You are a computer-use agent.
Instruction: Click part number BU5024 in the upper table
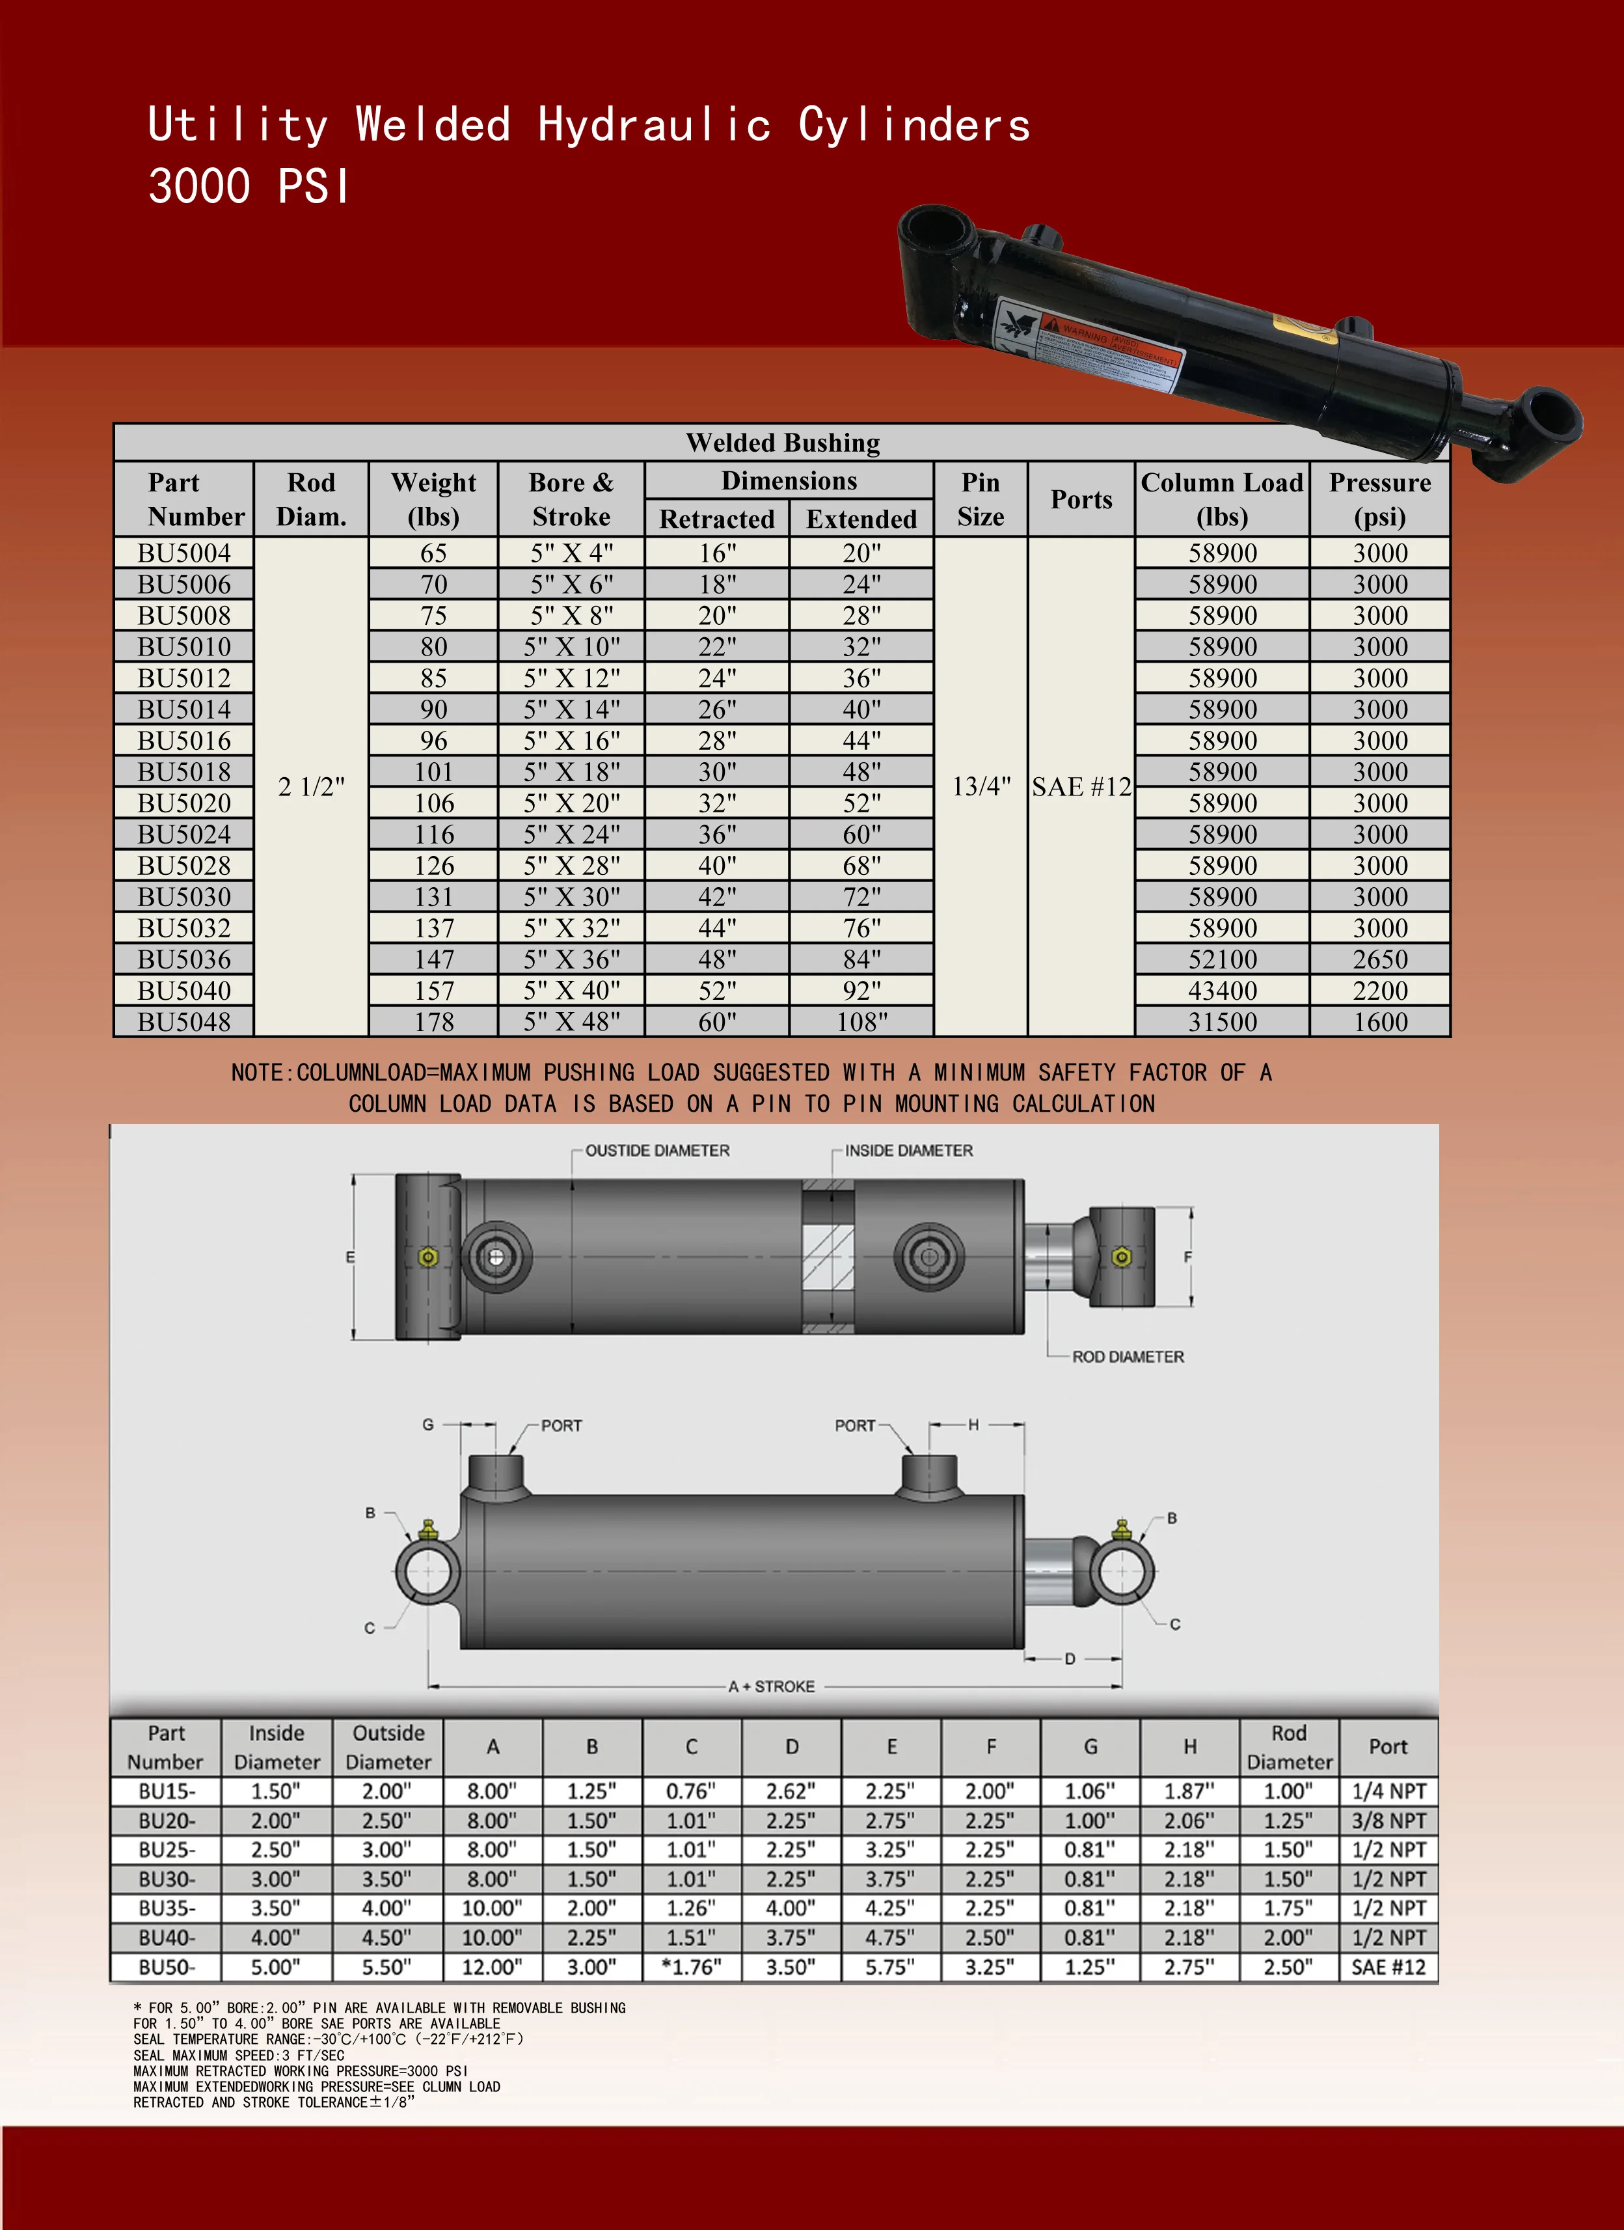coord(184,834)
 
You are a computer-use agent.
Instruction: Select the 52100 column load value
coord(1222,959)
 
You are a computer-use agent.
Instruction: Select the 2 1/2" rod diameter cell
coord(310,786)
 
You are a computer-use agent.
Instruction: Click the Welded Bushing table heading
coord(783,443)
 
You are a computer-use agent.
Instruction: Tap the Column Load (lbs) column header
coord(1222,499)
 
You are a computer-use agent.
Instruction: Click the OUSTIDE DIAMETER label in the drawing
coord(656,1150)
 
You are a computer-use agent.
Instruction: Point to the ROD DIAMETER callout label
coord(1128,1357)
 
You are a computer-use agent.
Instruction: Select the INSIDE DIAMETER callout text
coord(908,1150)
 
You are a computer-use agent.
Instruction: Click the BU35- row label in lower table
coord(166,1908)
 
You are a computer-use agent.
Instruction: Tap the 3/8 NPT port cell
coord(1388,1821)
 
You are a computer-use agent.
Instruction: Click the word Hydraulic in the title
coord(654,126)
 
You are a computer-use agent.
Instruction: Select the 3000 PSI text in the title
coord(249,187)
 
